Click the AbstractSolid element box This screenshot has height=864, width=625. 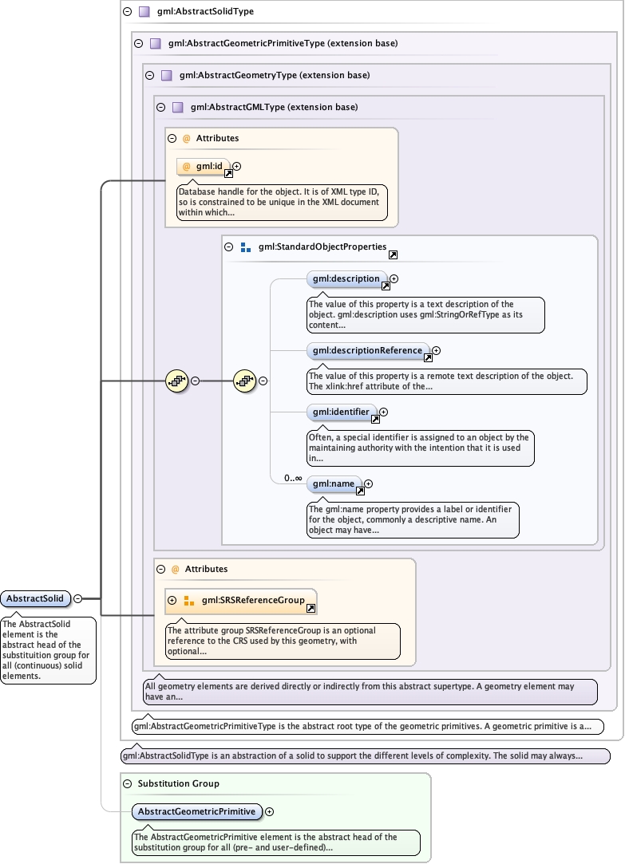[36, 598]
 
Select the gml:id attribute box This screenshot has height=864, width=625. [204, 167]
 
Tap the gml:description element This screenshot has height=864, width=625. [346, 279]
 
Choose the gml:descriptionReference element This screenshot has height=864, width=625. [367, 350]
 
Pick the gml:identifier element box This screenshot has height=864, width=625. [341, 412]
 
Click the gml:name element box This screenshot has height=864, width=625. [334, 483]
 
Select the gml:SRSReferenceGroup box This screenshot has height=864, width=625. [247, 600]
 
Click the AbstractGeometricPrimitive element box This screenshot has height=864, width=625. [196, 811]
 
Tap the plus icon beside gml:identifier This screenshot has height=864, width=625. [384, 412]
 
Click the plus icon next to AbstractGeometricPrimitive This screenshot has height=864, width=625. [270, 811]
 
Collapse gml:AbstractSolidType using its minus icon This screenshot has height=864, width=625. [128, 12]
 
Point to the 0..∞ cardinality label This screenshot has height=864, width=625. [293, 479]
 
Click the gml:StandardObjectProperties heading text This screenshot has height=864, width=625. [322, 247]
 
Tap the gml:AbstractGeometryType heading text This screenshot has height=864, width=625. [275, 76]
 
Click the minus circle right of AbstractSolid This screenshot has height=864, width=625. [77, 598]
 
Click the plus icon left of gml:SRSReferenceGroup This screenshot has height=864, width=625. [172, 600]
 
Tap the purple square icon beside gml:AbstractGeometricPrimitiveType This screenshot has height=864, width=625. [156, 43]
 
